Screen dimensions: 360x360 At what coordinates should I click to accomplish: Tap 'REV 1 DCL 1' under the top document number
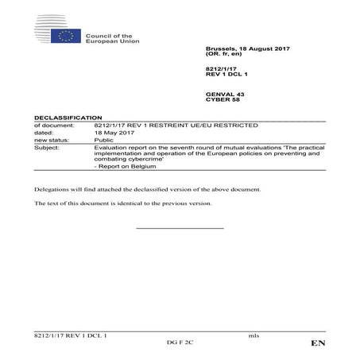coord(227,77)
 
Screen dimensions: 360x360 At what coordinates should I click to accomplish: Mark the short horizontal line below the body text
coord(180,228)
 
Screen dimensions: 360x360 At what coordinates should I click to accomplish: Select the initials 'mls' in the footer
coord(254,336)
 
